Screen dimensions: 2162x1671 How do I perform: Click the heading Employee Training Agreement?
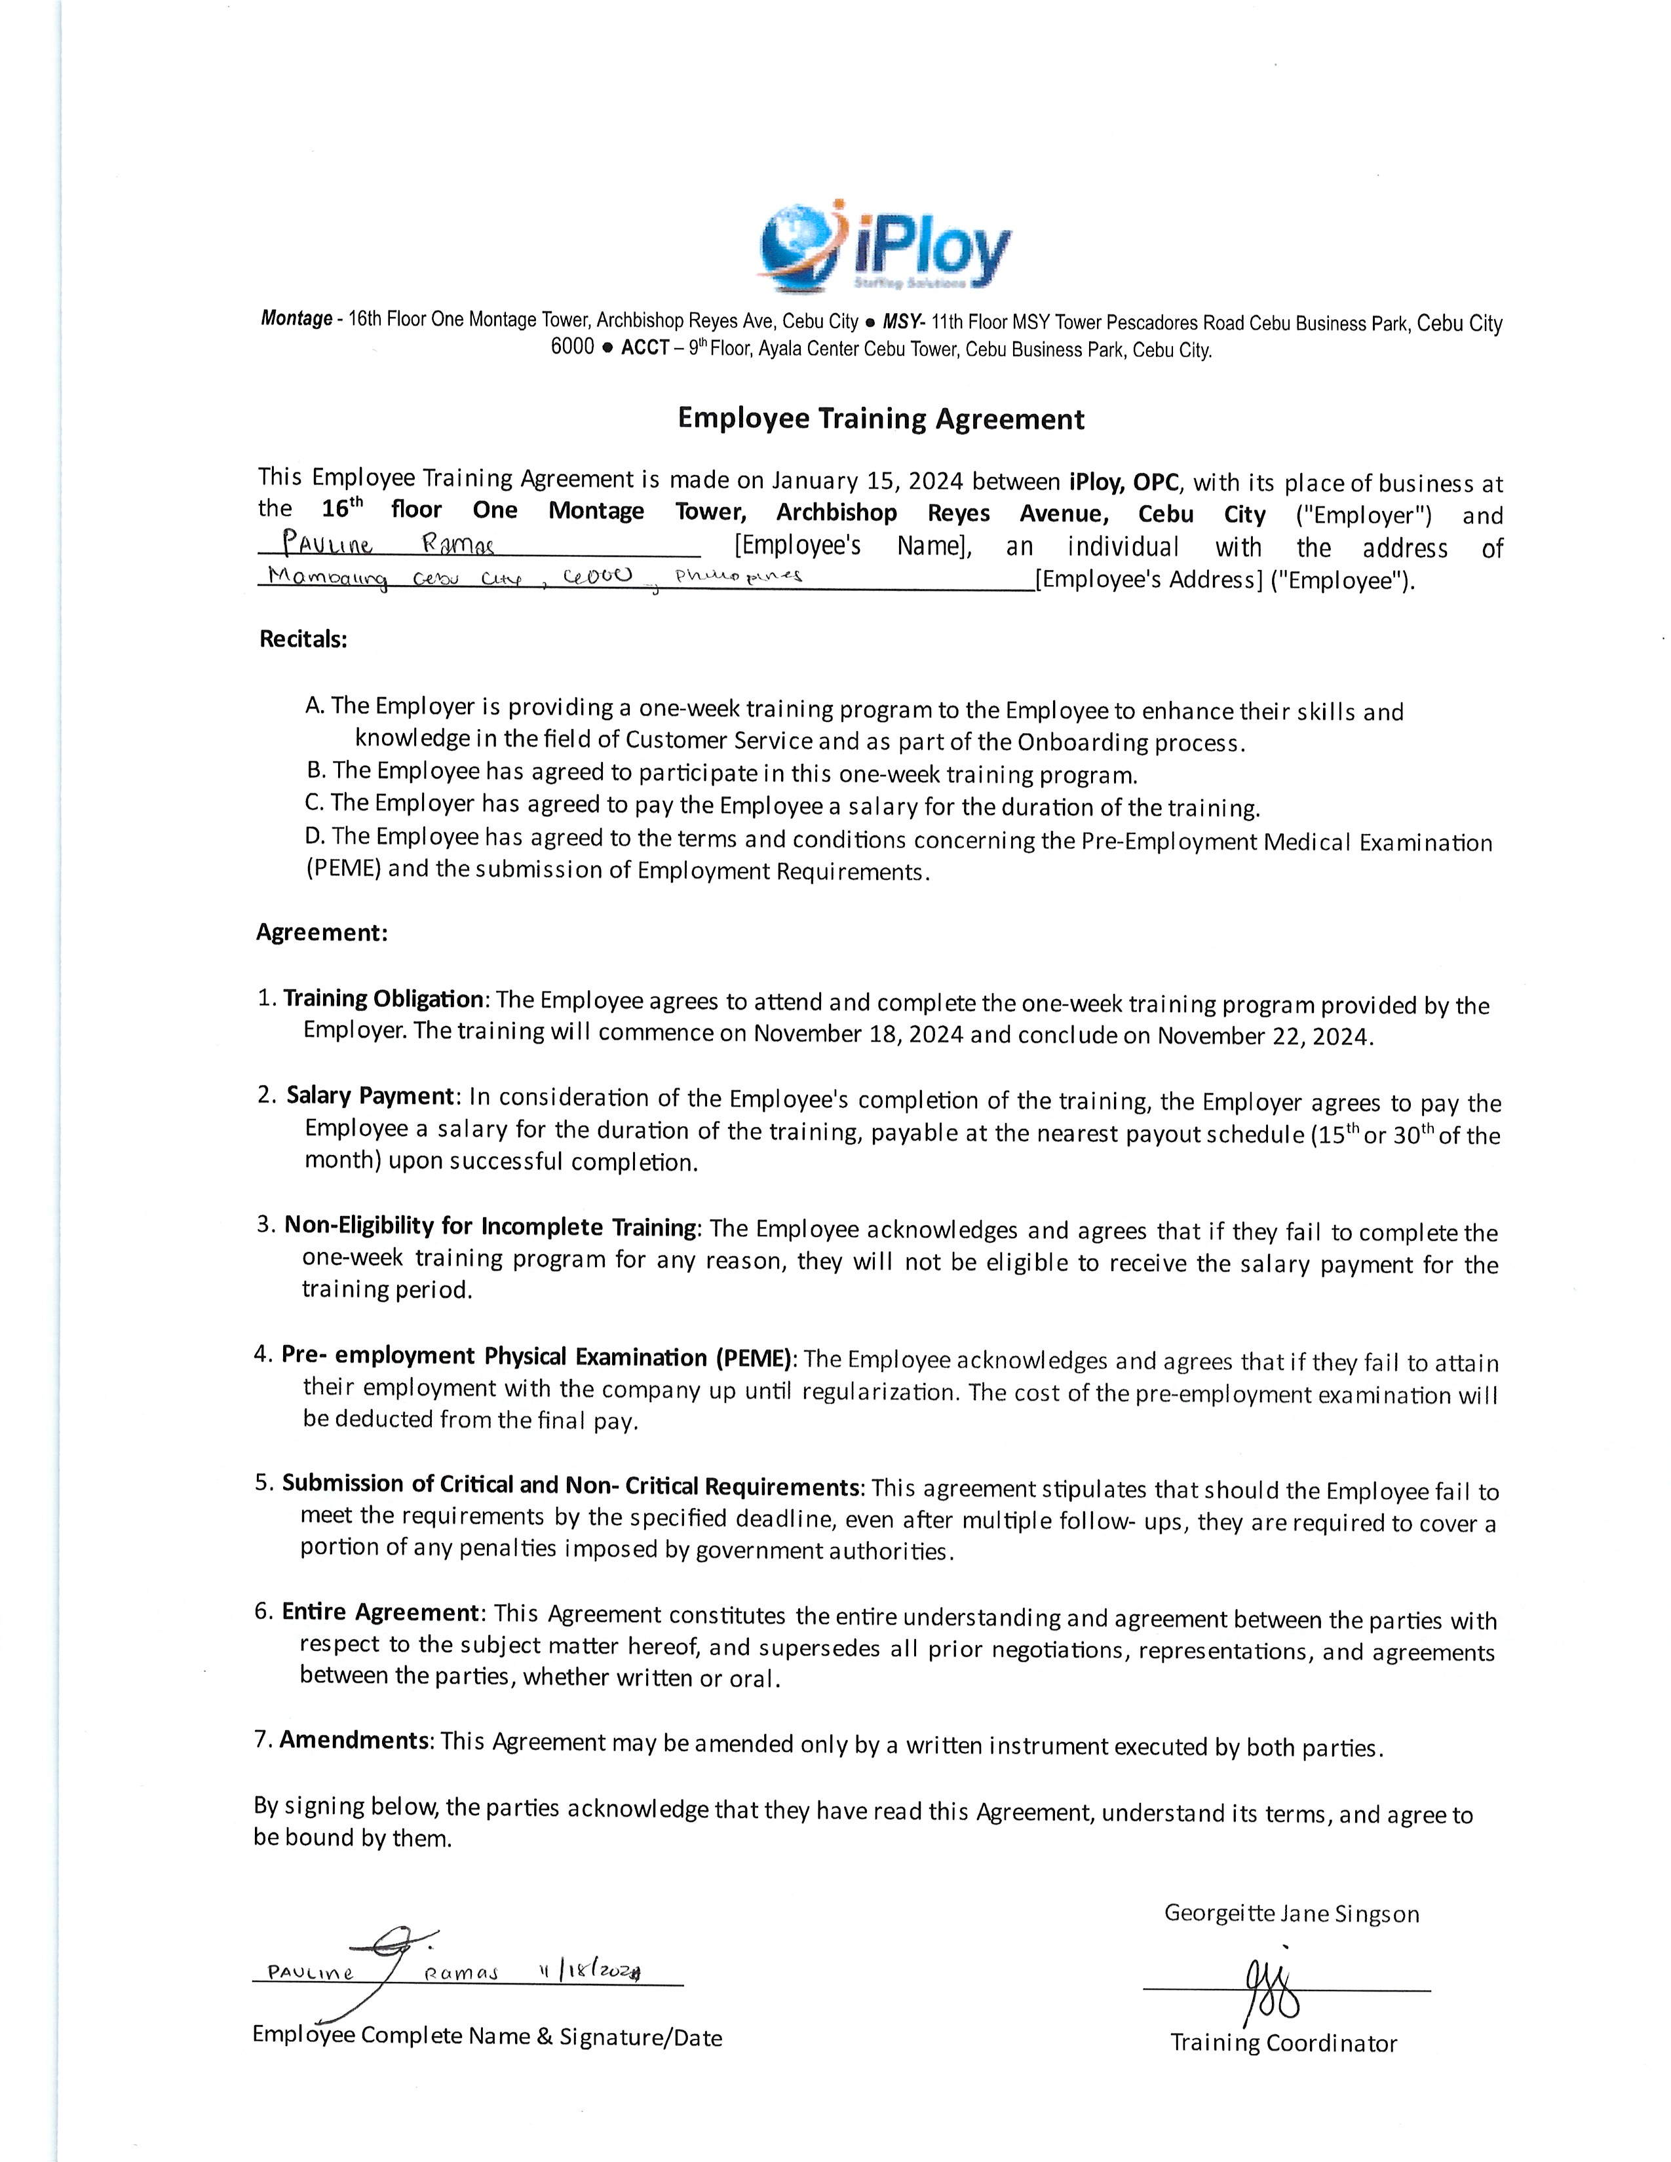pyautogui.click(x=880, y=419)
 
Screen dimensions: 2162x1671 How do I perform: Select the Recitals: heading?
pyautogui.click(x=303, y=639)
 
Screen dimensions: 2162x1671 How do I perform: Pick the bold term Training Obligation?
pyautogui.click(x=383, y=999)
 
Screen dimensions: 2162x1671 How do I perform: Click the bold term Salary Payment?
pyautogui.click(x=370, y=1096)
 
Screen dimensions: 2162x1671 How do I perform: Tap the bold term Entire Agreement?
pyautogui.click(x=380, y=1612)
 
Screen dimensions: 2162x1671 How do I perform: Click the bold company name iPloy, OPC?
pyautogui.click(x=1124, y=483)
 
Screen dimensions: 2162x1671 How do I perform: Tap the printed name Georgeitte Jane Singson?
pyautogui.click(x=1291, y=1914)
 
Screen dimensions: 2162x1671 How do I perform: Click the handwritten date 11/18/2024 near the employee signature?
pyautogui.click(x=590, y=1972)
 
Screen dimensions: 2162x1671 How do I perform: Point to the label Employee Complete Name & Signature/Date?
pyautogui.click(x=487, y=2036)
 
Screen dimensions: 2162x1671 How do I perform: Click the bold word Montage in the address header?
pyautogui.click(x=296, y=319)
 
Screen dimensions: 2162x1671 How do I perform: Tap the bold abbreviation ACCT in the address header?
pyautogui.click(x=644, y=349)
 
